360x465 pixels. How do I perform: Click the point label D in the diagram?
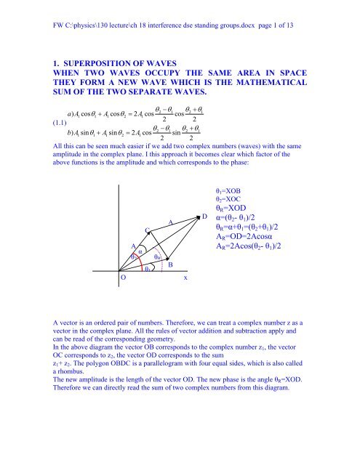[x=205, y=196]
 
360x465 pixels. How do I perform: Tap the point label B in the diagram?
[x=170, y=265]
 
